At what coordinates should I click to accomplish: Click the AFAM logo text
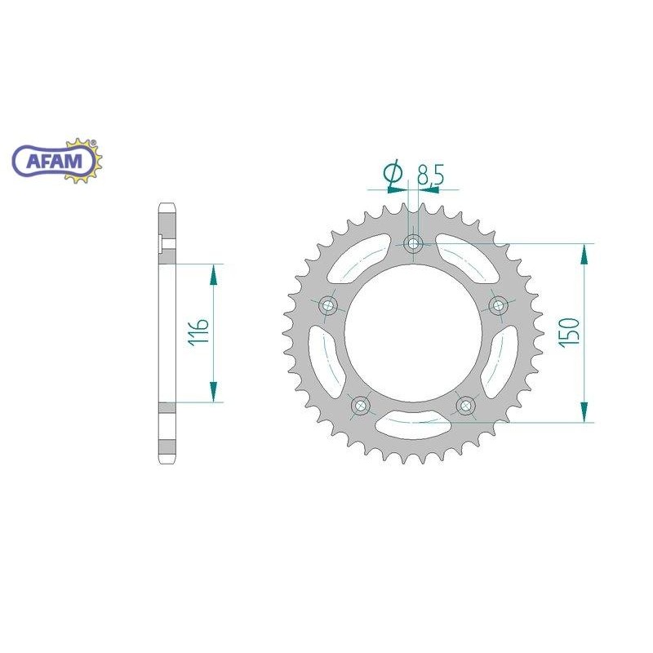(54, 161)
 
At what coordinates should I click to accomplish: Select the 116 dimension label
(198, 332)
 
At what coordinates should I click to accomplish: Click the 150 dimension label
(569, 331)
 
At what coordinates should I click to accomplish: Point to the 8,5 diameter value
(431, 174)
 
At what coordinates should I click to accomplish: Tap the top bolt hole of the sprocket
(413, 242)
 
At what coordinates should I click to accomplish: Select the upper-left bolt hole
(328, 305)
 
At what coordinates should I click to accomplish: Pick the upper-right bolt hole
(498, 305)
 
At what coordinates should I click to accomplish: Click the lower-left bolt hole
(361, 405)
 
